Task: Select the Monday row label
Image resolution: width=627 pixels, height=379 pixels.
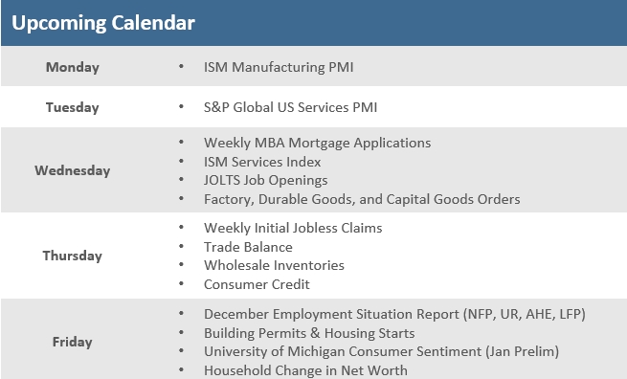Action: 72,67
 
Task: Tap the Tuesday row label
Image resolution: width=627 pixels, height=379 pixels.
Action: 72,107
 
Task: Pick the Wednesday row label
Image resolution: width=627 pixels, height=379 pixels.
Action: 72,170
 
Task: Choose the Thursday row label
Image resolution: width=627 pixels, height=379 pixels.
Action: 72,256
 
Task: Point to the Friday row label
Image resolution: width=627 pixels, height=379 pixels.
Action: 72,341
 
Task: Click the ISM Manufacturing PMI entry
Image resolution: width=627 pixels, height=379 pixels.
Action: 279,67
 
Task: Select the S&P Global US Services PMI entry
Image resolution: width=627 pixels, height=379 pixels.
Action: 297,107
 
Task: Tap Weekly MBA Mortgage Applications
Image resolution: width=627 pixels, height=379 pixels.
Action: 317,143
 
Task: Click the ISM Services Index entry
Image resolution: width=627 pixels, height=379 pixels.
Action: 262,162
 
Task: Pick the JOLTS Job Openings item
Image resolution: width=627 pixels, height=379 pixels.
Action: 265,180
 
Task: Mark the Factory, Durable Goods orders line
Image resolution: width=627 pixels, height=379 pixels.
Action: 362,199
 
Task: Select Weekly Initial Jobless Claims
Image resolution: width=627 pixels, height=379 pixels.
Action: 293,228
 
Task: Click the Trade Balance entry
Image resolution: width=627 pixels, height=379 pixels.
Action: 248,247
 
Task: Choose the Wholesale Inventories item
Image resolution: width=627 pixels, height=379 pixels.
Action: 274,265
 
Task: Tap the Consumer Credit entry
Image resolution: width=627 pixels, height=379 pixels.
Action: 257,284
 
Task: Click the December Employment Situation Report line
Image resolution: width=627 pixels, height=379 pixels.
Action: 394,314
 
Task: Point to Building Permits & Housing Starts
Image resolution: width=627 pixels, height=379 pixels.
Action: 309,333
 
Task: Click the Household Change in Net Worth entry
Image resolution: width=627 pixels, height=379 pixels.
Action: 305,370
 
